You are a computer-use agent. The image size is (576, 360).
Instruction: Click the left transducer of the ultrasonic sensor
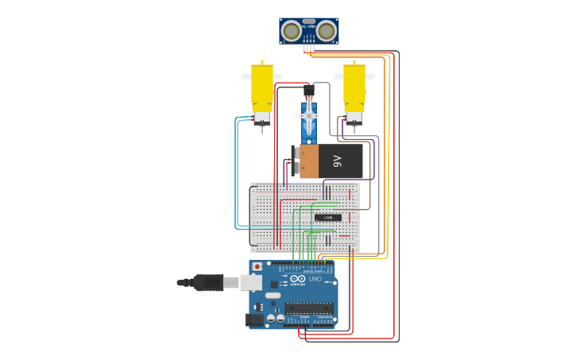pos(292,31)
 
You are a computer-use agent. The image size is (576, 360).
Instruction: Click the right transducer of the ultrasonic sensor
pos(327,31)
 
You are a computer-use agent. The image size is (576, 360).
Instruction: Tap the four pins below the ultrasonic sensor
pos(309,48)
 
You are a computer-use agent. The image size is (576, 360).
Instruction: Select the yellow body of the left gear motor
pos(262,87)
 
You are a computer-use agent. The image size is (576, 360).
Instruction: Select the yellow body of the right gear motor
pos(354,87)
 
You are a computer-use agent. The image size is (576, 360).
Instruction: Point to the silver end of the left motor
pos(262,118)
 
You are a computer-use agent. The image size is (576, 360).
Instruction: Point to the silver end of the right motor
pos(354,118)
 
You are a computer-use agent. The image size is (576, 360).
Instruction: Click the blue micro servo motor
pos(309,119)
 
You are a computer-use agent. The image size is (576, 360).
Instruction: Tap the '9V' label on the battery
pos(337,161)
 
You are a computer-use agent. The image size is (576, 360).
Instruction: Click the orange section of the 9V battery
pos(308,161)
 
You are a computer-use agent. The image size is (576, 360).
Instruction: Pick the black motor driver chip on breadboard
pos(327,217)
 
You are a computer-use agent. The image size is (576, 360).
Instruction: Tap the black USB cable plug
pos(209,282)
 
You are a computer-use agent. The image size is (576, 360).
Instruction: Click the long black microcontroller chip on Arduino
pos(308,308)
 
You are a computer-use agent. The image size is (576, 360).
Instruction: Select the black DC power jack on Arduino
pos(255,319)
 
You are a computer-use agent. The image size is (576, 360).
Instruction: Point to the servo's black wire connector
pos(308,91)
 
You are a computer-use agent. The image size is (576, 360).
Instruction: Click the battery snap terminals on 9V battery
pos(296,160)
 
